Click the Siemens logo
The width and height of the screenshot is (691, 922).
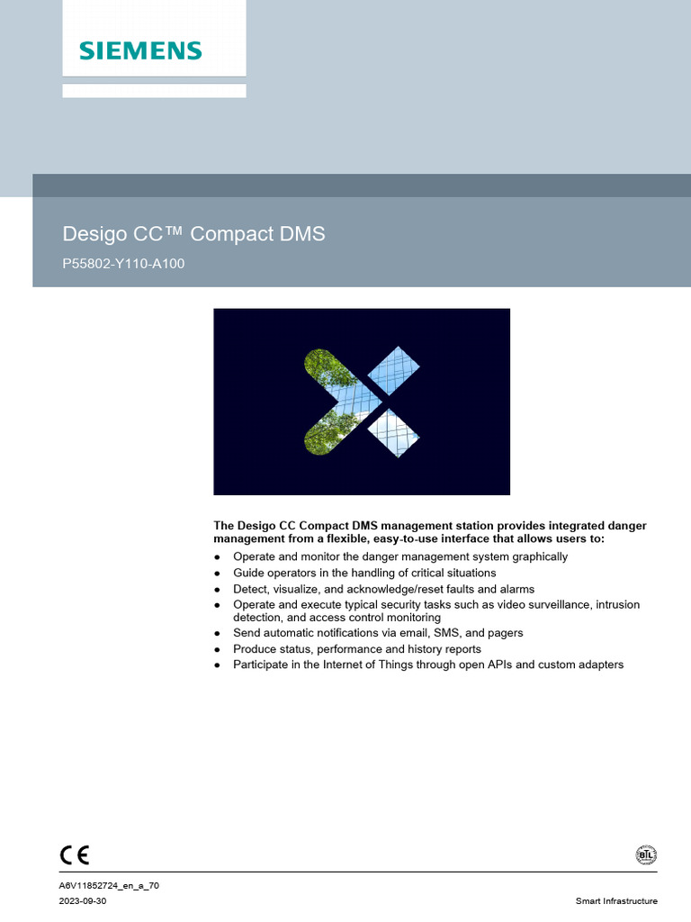(140, 50)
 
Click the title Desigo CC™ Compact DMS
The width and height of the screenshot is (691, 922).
(193, 235)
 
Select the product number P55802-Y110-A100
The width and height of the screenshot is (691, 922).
(123, 265)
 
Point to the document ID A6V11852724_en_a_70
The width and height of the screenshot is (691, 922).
(109, 886)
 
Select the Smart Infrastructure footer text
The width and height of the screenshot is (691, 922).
(616, 901)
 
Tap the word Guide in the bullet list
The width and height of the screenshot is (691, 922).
(248, 573)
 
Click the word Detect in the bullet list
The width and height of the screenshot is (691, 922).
(249, 589)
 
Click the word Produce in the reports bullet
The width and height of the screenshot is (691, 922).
(255, 649)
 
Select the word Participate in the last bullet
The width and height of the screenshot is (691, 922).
(262, 664)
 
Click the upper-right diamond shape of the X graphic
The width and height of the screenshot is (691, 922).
(393, 370)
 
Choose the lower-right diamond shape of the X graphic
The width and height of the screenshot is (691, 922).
(393, 432)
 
